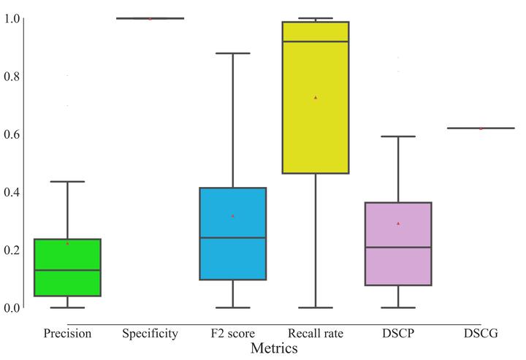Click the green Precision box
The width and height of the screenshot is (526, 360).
[x=67, y=267]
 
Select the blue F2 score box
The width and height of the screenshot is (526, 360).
[x=233, y=234]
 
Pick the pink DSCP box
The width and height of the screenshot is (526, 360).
[x=399, y=243]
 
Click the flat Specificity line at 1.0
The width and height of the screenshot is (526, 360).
[x=150, y=18]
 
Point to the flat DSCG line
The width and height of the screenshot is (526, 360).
[x=481, y=128]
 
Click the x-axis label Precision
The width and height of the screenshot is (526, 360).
[x=67, y=334]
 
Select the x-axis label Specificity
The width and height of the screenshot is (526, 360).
[x=150, y=334]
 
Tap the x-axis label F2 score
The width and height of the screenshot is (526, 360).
[x=233, y=334]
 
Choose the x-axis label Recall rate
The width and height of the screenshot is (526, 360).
[x=316, y=334]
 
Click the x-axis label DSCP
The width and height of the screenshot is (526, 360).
[x=399, y=334]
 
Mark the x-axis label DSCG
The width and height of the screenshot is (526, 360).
[x=481, y=334]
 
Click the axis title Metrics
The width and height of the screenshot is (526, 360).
[x=274, y=348]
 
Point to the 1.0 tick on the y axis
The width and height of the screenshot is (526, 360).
[x=12, y=18]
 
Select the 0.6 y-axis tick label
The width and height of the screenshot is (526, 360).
[x=12, y=134]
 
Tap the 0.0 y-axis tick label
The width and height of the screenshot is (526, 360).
[x=12, y=307]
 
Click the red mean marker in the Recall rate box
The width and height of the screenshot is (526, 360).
[x=316, y=97]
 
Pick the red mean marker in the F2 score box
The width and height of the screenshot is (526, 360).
[x=233, y=215]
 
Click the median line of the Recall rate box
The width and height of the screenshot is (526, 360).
[x=316, y=42]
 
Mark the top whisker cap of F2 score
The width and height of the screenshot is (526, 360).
[x=233, y=53]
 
